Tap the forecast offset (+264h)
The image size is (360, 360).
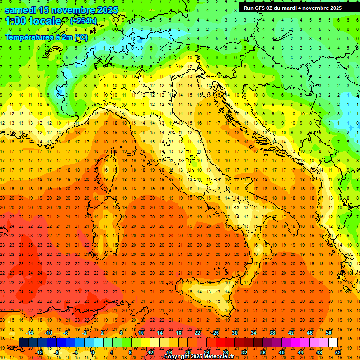(x=83, y=21)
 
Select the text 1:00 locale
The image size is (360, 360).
(x=33, y=21)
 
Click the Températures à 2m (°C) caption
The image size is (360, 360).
(x=46, y=37)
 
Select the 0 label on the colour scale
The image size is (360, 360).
(x=93, y=352)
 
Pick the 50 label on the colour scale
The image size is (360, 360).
(x=328, y=333)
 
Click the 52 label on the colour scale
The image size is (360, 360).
(x=338, y=352)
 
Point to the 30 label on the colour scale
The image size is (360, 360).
(x=234, y=333)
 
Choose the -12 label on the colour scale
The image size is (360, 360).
(x=39, y=352)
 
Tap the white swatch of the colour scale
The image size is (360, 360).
(x=333, y=342)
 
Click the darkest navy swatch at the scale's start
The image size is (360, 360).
(x=23, y=342)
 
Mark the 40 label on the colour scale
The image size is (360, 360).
(x=281, y=352)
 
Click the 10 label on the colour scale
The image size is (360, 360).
(x=141, y=333)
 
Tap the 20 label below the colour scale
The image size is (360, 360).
(x=187, y=352)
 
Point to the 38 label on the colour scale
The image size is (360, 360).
(x=272, y=333)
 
